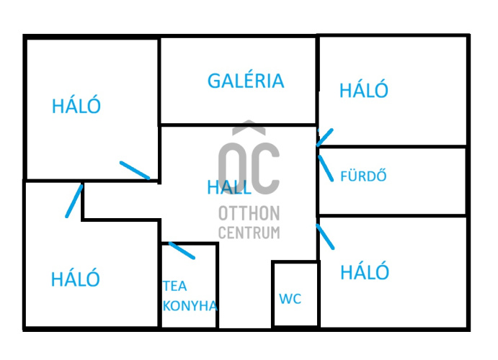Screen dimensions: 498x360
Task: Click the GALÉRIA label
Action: [246, 80]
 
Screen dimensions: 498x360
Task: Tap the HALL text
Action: [229, 187]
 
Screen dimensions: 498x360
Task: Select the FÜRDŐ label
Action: [363, 176]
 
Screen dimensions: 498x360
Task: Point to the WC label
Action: [290, 299]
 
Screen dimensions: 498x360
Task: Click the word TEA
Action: [174, 286]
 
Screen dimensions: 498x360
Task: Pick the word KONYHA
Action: [190, 306]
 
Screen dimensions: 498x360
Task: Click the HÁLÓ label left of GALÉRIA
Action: [76, 106]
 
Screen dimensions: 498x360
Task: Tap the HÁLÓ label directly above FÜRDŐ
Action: [364, 90]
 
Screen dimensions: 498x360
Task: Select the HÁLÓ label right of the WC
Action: [365, 272]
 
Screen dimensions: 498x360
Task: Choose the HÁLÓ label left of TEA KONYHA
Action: [76, 279]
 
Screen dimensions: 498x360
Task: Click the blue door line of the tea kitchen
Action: [182, 251]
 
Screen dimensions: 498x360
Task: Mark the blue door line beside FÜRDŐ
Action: [326, 168]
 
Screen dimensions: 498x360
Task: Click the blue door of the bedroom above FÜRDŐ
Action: [324, 138]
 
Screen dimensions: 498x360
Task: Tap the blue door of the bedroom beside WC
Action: [325, 237]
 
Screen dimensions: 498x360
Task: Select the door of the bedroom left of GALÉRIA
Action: [135, 171]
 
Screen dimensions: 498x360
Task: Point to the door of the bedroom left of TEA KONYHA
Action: [74, 201]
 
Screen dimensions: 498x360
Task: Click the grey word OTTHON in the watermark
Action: [249, 213]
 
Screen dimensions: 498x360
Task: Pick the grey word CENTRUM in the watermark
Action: [249, 233]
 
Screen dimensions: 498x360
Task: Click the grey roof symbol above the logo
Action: [249, 127]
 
